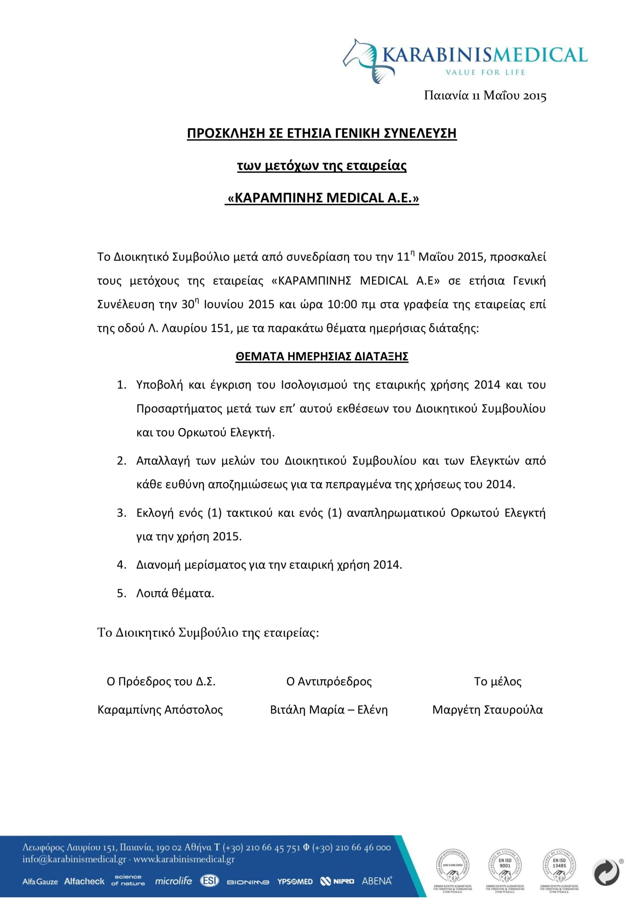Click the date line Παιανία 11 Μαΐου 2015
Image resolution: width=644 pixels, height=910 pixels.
click(x=485, y=96)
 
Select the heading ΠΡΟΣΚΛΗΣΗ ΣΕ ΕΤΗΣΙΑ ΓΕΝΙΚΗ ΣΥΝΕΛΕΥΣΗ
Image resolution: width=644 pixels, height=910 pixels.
click(x=321, y=134)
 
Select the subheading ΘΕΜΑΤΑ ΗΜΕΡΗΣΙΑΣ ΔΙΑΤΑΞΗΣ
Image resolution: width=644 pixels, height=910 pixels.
click(x=321, y=356)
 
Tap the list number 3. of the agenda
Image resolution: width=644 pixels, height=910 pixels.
click(x=121, y=513)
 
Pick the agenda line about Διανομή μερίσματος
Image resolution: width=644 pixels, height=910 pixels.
click(x=269, y=565)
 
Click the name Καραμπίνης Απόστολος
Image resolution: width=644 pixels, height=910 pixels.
click(x=160, y=710)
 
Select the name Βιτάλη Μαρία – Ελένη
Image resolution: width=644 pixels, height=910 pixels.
click(x=329, y=710)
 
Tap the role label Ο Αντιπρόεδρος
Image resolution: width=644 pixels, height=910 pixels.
click(x=329, y=681)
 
